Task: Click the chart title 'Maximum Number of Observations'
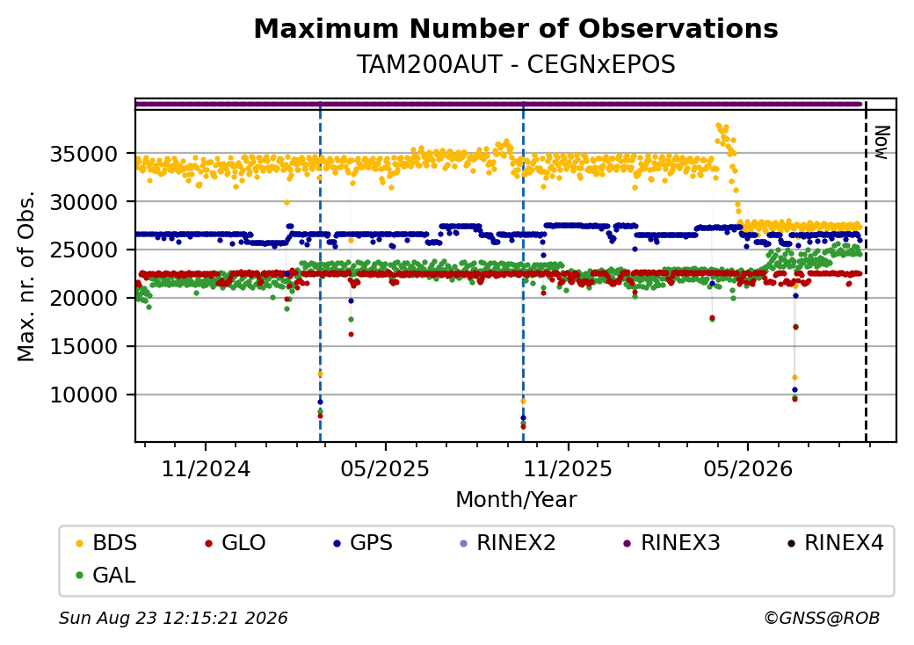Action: pos(516,28)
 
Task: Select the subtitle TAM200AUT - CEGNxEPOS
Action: pos(516,65)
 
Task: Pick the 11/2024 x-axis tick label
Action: pos(205,469)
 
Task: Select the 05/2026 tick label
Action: pos(748,469)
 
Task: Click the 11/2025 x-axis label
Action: pos(568,469)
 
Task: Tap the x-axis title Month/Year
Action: pos(516,499)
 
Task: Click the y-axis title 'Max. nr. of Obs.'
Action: pos(26,276)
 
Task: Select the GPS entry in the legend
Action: pos(363,543)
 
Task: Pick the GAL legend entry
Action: pos(106,575)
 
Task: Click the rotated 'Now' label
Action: pos(882,142)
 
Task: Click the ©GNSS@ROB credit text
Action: pos(822,618)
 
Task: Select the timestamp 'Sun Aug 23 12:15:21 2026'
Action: pos(173,618)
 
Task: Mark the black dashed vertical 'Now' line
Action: pos(866,272)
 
